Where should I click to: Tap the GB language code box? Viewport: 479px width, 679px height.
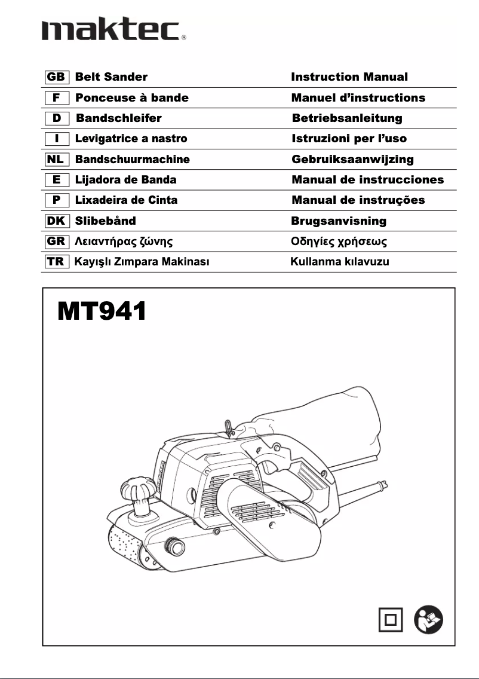coord(56,77)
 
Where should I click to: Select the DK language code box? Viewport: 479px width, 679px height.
coord(56,221)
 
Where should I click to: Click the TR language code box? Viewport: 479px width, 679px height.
coord(56,262)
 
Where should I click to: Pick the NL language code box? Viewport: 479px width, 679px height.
coord(56,160)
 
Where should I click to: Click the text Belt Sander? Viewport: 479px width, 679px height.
coord(111,77)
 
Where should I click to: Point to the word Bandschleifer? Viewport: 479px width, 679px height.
coord(119,118)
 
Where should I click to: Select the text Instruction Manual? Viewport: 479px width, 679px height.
coord(349,77)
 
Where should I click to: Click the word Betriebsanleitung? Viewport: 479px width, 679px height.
coord(347,118)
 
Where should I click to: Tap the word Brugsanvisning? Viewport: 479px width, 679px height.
coord(339,221)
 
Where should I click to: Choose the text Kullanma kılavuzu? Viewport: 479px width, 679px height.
coord(339,262)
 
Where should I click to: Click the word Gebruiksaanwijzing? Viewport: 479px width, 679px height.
coord(352,160)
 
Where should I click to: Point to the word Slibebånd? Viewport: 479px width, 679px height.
coord(105,221)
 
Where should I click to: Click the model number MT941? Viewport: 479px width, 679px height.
coord(102,311)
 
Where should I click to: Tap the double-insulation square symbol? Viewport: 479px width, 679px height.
coord(391,619)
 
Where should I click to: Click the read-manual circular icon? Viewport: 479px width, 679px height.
coord(429,619)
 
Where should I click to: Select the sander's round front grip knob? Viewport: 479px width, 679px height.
coord(139,489)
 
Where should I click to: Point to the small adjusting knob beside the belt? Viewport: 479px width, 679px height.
coord(174,545)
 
